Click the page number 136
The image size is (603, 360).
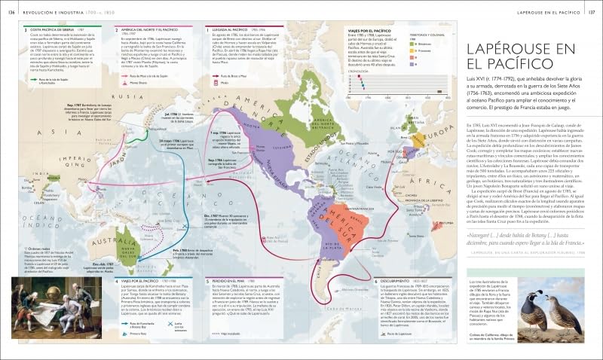(x=11, y=12)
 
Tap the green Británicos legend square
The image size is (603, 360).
(x=412, y=44)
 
